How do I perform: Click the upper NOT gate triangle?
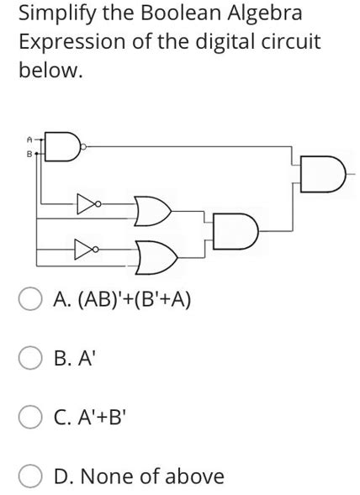(x=85, y=203)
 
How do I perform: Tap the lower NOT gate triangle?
(x=85, y=249)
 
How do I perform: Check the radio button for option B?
(x=31, y=359)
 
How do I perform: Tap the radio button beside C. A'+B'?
(x=31, y=418)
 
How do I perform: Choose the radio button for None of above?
(x=31, y=477)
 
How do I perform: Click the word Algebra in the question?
(x=263, y=14)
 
